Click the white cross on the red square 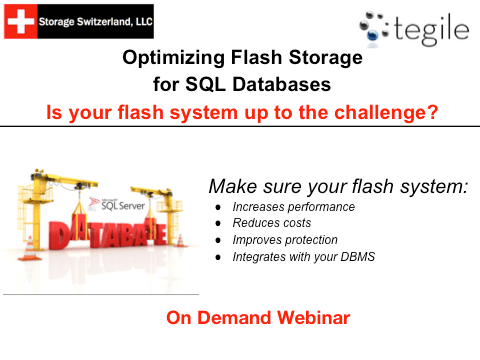21,21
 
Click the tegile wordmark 432,29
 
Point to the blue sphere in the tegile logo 373,34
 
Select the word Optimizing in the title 174,58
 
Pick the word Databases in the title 282,84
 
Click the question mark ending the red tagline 432,112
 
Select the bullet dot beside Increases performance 218,207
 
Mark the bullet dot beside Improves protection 218,240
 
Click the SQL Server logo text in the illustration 123,205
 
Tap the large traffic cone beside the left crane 30,248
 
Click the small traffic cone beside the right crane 180,240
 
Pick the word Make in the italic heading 233,186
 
